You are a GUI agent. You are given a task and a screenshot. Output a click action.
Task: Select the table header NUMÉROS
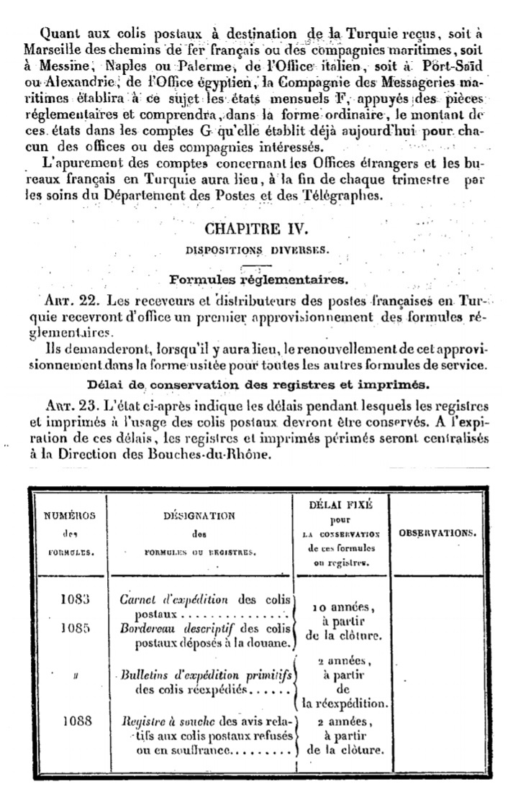point(69,516)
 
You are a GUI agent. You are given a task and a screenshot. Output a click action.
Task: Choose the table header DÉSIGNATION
point(194,516)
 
